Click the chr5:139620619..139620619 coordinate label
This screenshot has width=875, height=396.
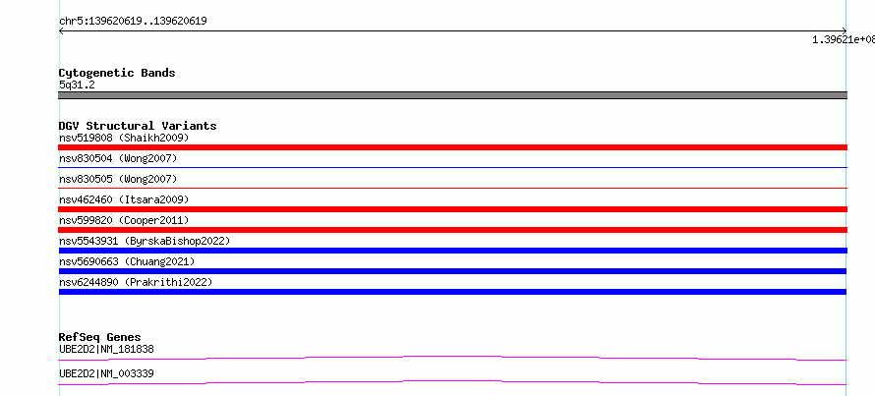pyautogui.click(x=133, y=22)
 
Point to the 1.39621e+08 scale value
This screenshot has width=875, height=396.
pyautogui.click(x=844, y=39)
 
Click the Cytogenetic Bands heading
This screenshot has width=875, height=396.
pyautogui.click(x=117, y=73)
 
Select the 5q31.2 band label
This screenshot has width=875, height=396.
pyautogui.click(x=77, y=85)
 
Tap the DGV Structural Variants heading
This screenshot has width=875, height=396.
pyautogui.click(x=138, y=126)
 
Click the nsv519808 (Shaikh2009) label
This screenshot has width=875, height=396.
pyautogui.click(x=124, y=138)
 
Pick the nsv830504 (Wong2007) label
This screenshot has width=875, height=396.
pyautogui.click(x=118, y=158)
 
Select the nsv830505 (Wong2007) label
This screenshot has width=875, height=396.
pyautogui.click(x=118, y=179)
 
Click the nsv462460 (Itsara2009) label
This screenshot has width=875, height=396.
pyautogui.click(x=124, y=199)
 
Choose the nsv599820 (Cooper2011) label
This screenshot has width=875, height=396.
pyautogui.click(x=124, y=220)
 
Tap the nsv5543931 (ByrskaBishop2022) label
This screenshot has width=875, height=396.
pyautogui.click(x=145, y=241)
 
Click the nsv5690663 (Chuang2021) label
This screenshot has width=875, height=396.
pyautogui.click(x=127, y=261)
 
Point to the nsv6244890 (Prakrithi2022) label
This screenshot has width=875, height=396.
pyautogui.click(x=136, y=282)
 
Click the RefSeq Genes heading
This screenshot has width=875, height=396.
pyautogui.click(x=99, y=337)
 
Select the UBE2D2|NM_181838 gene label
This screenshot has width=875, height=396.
pyautogui.click(x=106, y=349)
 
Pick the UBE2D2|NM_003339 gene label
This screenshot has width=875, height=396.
pyautogui.click(x=106, y=373)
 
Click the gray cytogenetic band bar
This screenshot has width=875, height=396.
pyautogui.click(x=452, y=95)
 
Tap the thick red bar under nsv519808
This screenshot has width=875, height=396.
pyautogui.click(x=452, y=147)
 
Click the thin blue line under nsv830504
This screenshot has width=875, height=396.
pyautogui.click(x=452, y=167)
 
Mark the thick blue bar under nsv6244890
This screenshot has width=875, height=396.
pyautogui.click(x=452, y=292)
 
